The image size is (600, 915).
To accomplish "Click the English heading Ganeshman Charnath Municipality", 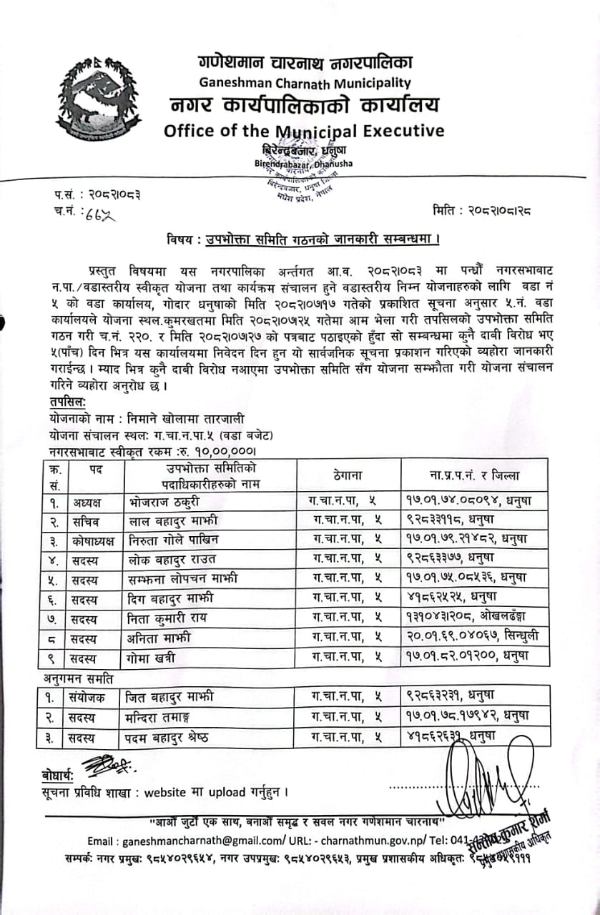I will pyautogui.click(x=305, y=83).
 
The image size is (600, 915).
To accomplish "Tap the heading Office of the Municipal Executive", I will pyautogui.click(x=303, y=131).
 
